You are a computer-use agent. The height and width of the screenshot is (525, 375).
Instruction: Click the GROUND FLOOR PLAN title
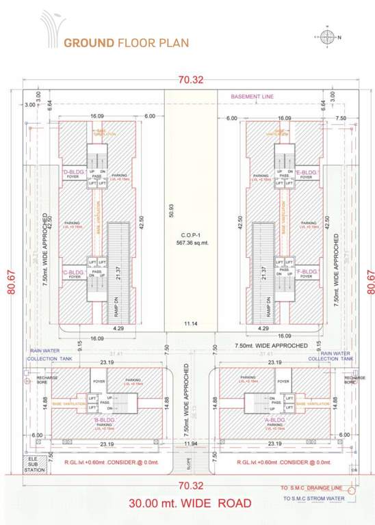tap(127, 42)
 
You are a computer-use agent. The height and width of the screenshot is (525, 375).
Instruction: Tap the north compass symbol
tap(329, 37)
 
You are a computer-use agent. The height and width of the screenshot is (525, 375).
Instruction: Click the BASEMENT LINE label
tap(252, 97)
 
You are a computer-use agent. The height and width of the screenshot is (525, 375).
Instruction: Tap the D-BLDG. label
tap(73, 172)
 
